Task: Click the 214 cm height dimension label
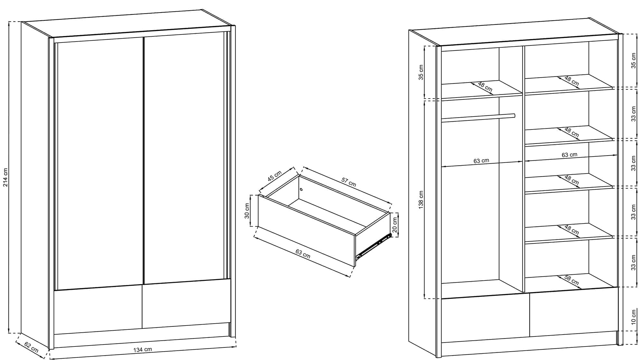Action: pos(5,177)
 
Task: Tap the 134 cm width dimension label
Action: pos(143,349)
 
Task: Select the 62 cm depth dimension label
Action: pos(32,347)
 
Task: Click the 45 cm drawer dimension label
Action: pos(275,176)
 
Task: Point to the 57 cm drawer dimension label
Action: pos(349,182)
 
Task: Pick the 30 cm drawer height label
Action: pos(247,211)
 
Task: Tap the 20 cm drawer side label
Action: pos(395,225)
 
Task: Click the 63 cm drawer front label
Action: pos(303,254)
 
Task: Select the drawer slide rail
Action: pos(373,247)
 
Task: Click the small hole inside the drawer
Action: pos(301,189)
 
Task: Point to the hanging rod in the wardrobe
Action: pos(478,118)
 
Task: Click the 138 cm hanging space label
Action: pos(421,200)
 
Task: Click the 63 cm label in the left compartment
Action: pos(481,161)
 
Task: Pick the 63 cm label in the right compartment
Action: pos(570,155)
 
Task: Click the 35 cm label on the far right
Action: pos(634,61)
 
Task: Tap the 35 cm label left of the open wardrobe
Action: pos(421,72)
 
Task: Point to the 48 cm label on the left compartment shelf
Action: pos(485,86)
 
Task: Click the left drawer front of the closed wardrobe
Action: pos(98,309)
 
